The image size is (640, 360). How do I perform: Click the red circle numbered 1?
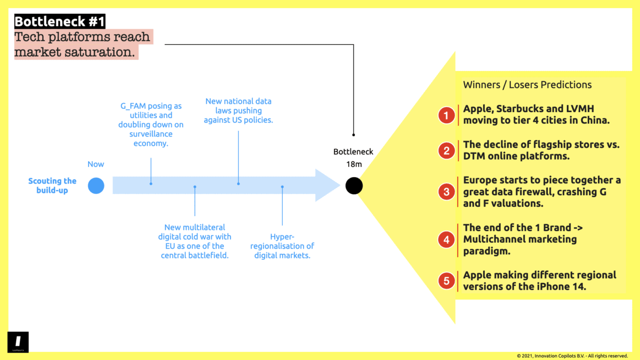point(446,115)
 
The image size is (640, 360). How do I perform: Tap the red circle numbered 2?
point(446,151)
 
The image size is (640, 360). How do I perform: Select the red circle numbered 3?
point(446,192)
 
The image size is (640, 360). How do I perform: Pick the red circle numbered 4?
point(446,239)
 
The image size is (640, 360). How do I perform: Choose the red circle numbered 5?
point(446,281)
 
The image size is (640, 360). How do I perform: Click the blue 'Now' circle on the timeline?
point(96,186)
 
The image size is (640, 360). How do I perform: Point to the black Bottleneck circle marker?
point(354,186)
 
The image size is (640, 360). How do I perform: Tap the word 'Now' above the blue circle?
point(96,164)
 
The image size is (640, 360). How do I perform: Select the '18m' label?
point(354,164)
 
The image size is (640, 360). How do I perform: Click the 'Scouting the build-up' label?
point(52,186)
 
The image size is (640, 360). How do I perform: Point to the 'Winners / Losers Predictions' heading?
point(527,85)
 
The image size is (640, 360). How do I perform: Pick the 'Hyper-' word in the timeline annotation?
point(283,236)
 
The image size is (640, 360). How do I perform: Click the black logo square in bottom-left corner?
point(18,342)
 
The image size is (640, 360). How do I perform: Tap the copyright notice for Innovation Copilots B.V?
point(572,356)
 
